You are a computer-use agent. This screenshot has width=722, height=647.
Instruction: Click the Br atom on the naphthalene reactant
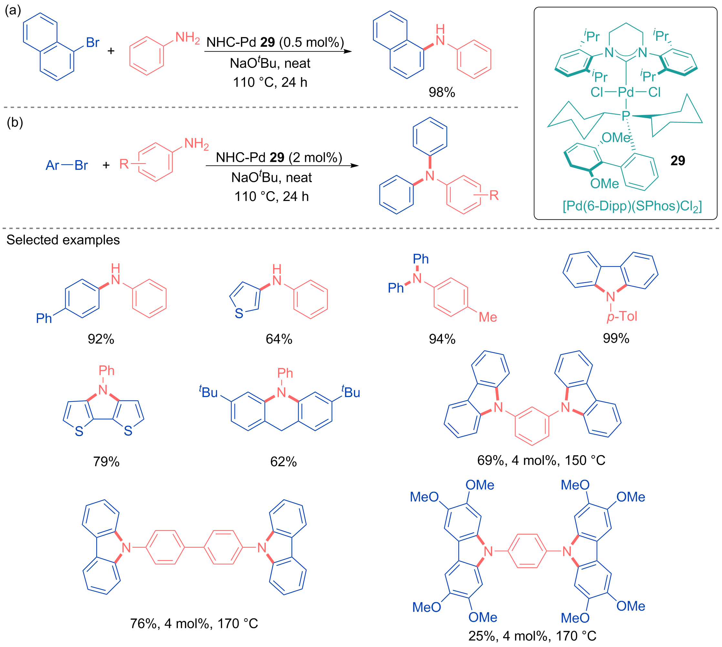tap(93, 43)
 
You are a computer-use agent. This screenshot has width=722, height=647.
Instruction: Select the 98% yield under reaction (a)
tap(442, 92)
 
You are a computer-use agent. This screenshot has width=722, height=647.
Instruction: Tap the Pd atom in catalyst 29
tap(626, 92)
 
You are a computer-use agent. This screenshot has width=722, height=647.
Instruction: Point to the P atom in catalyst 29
tap(626, 115)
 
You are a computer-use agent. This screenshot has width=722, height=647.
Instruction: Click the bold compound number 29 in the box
tap(677, 161)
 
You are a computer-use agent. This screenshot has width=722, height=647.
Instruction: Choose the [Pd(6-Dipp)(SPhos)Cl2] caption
tap(632, 206)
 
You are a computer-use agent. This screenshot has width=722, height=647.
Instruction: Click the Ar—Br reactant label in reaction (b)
tap(67, 165)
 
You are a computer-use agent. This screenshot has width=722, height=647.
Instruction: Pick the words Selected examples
tap(63, 240)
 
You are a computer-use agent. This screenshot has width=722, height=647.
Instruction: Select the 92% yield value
tap(101, 339)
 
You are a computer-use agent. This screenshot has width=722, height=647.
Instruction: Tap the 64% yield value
tap(279, 339)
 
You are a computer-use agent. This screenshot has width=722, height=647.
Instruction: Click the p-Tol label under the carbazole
tap(622, 316)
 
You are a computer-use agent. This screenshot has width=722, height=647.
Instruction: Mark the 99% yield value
tap(616, 338)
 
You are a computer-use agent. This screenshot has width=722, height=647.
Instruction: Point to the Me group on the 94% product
tap(488, 317)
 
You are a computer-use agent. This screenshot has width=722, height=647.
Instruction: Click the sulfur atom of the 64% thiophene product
tap(239, 314)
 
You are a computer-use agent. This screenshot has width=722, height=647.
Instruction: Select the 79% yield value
tap(106, 462)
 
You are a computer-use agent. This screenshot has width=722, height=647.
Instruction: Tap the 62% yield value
tap(283, 462)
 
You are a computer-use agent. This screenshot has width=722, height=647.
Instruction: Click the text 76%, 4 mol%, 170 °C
tap(194, 623)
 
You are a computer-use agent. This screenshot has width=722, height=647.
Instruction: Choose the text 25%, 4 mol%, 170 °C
tap(532, 636)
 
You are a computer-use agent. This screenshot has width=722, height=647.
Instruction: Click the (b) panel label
tap(15, 123)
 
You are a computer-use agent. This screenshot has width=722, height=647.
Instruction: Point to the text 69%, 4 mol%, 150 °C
tap(541, 460)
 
